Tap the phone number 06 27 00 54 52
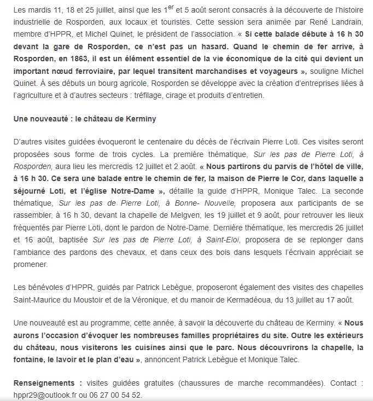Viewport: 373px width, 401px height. [116, 394]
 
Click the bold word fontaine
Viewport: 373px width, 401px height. [30, 359]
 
